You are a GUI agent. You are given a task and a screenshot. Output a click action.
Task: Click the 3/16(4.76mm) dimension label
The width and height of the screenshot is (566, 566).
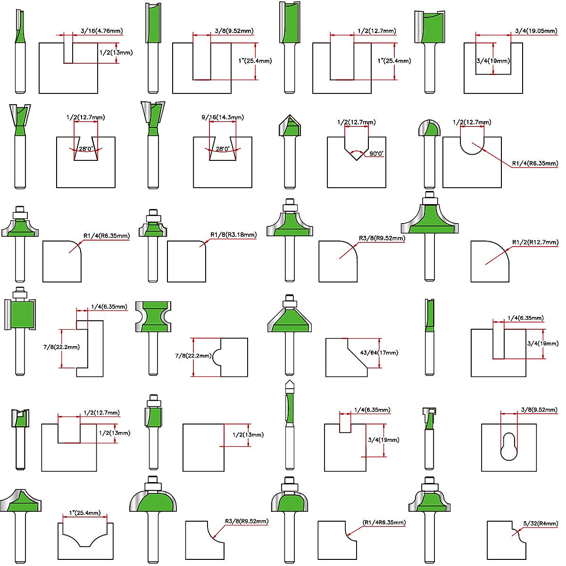click(x=101, y=31)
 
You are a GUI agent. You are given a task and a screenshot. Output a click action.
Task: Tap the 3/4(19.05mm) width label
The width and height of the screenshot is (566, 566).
click(x=536, y=31)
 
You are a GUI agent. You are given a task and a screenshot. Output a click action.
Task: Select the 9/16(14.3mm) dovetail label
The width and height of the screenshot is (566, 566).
click(x=223, y=117)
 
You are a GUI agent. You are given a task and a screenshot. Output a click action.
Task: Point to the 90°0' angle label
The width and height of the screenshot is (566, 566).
click(x=376, y=153)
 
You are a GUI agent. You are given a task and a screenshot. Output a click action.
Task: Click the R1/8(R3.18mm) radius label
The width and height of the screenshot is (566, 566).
click(x=233, y=235)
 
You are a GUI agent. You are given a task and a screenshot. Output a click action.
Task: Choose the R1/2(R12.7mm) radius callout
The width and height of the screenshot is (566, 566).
click(x=535, y=242)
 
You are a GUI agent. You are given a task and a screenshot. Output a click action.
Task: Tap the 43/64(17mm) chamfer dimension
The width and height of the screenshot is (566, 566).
click(x=379, y=352)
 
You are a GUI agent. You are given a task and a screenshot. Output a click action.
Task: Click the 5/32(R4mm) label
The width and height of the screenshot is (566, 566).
click(x=541, y=524)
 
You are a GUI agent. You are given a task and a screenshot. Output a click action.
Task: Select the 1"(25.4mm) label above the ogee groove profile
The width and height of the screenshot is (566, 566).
click(x=85, y=513)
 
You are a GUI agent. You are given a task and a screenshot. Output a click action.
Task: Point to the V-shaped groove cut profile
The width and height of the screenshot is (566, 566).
click(x=356, y=149)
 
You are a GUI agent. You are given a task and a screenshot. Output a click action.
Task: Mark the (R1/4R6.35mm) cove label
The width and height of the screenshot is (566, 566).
click(x=384, y=523)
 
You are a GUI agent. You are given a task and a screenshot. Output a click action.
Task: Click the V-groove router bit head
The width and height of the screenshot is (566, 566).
click(x=290, y=125)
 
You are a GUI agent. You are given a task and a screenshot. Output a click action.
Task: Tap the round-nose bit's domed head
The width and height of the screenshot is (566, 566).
click(x=429, y=128)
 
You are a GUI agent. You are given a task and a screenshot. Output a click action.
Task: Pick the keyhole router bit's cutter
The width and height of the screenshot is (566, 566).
click(x=429, y=418)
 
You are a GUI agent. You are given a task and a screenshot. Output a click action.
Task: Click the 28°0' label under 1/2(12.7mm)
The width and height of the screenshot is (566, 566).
click(x=85, y=149)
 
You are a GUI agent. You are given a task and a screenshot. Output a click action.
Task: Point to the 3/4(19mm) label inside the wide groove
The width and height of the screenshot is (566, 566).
click(x=493, y=61)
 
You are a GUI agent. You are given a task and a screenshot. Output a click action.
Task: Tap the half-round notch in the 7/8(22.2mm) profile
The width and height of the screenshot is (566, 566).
click(x=217, y=357)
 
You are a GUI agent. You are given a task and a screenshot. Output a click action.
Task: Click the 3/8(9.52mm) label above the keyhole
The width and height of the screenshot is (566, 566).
click(x=539, y=410)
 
